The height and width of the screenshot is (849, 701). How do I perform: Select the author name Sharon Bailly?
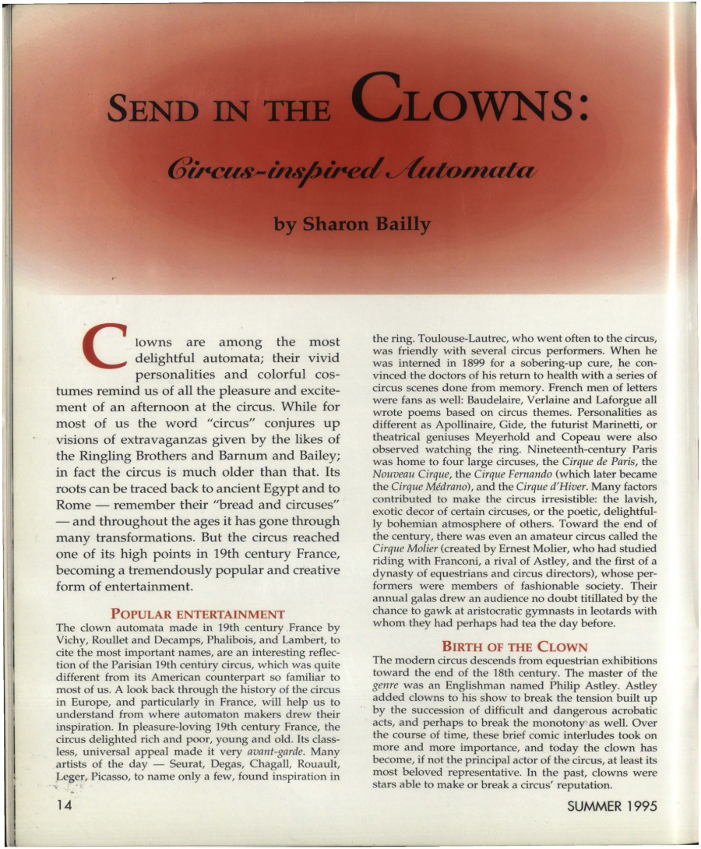point(350,224)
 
